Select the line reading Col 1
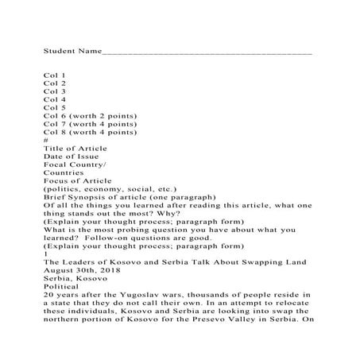pyautogui.click(x=55, y=75)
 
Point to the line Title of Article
pyautogui.click(x=75, y=149)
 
